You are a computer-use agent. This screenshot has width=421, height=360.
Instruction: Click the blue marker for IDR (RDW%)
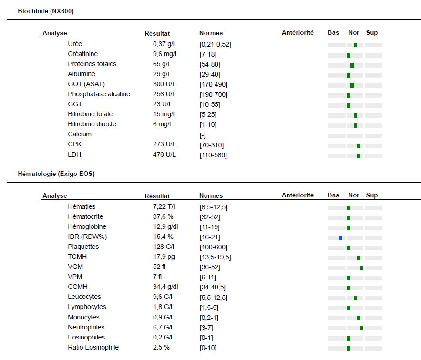[340, 238]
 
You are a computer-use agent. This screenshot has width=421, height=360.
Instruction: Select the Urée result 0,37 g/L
[164, 44]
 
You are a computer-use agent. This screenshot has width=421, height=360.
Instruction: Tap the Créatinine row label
[82, 54]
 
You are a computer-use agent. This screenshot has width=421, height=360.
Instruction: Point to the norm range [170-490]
[214, 84]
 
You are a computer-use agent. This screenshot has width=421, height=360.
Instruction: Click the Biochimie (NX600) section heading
[46, 11]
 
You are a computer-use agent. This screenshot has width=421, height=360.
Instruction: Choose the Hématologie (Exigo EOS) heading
[56, 174]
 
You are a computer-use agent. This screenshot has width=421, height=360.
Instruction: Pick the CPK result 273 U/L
[164, 144]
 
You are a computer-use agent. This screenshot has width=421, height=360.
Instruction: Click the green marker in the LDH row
[359, 156]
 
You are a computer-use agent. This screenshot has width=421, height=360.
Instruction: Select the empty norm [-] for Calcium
[203, 135]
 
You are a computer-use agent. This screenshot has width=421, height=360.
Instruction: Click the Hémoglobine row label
[87, 226]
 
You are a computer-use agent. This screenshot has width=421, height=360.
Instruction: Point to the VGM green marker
[362, 268]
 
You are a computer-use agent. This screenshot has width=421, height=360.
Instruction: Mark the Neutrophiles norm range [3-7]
[206, 328]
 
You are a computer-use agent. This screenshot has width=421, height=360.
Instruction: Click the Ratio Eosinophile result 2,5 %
[161, 347]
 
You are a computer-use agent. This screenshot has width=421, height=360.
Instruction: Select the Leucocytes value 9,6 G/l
[163, 297]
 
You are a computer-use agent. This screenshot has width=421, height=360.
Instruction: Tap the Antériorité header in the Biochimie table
[298, 32]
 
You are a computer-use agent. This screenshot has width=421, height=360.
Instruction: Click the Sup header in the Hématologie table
[372, 195]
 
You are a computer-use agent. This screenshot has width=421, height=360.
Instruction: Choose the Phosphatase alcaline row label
[99, 94]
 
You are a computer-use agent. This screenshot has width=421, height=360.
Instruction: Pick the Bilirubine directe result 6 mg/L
[163, 124]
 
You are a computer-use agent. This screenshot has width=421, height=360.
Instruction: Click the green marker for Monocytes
[359, 319]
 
